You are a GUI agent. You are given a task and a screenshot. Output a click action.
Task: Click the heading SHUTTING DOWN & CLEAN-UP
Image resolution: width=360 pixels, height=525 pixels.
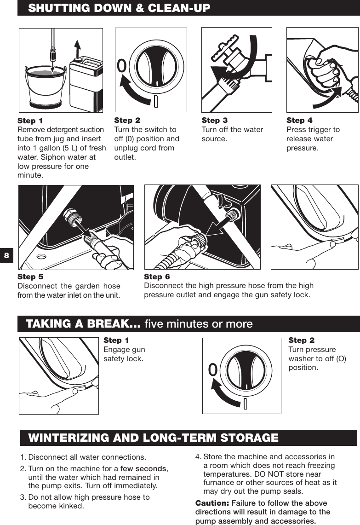[x=119, y=8]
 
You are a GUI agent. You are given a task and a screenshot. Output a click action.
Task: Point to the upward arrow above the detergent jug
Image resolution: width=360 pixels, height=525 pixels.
[x=78, y=46]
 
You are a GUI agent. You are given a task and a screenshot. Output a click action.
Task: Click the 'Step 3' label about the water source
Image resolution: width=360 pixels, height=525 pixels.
[x=214, y=121]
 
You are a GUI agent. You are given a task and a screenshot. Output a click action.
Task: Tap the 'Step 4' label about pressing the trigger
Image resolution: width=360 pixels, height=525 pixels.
[x=299, y=121]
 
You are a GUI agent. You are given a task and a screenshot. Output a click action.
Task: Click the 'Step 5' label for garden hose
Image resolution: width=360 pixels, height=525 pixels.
[x=30, y=277]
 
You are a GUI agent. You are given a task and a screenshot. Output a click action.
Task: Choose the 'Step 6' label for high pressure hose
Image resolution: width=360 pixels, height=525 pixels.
[x=157, y=277]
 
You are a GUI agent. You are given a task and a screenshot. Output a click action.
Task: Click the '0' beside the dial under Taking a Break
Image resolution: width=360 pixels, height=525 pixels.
[x=212, y=369]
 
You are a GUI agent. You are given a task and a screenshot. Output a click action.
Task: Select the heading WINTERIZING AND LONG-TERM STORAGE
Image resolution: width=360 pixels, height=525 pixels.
[x=153, y=438]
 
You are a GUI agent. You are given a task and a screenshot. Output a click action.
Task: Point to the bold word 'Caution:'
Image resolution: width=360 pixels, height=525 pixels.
[x=212, y=503]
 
